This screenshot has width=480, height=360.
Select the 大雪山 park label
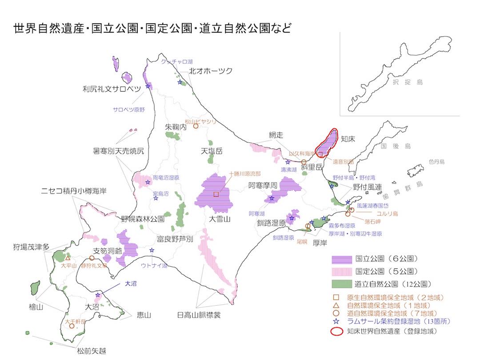click(220, 219)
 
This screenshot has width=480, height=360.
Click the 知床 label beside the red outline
click(348, 139)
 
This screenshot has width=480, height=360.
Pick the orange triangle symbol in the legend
click(336, 305)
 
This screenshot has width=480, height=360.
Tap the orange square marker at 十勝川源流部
click(216, 194)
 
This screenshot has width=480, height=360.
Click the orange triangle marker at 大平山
click(68, 258)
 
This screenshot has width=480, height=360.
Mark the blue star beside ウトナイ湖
click(152, 250)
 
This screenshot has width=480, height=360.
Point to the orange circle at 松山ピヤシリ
click(195, 126)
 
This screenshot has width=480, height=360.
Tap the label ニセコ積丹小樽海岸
click(73, 192)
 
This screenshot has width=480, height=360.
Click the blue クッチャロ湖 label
click(178, 61)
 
